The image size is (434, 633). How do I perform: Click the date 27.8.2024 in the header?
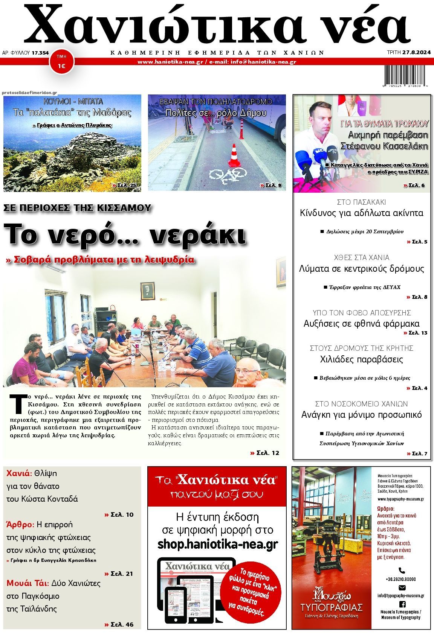pos(416,53)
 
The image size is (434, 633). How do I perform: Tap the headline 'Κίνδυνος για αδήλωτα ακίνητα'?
pos(362,213)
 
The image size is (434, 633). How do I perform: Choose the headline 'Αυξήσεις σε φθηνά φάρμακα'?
pos(361,323)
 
